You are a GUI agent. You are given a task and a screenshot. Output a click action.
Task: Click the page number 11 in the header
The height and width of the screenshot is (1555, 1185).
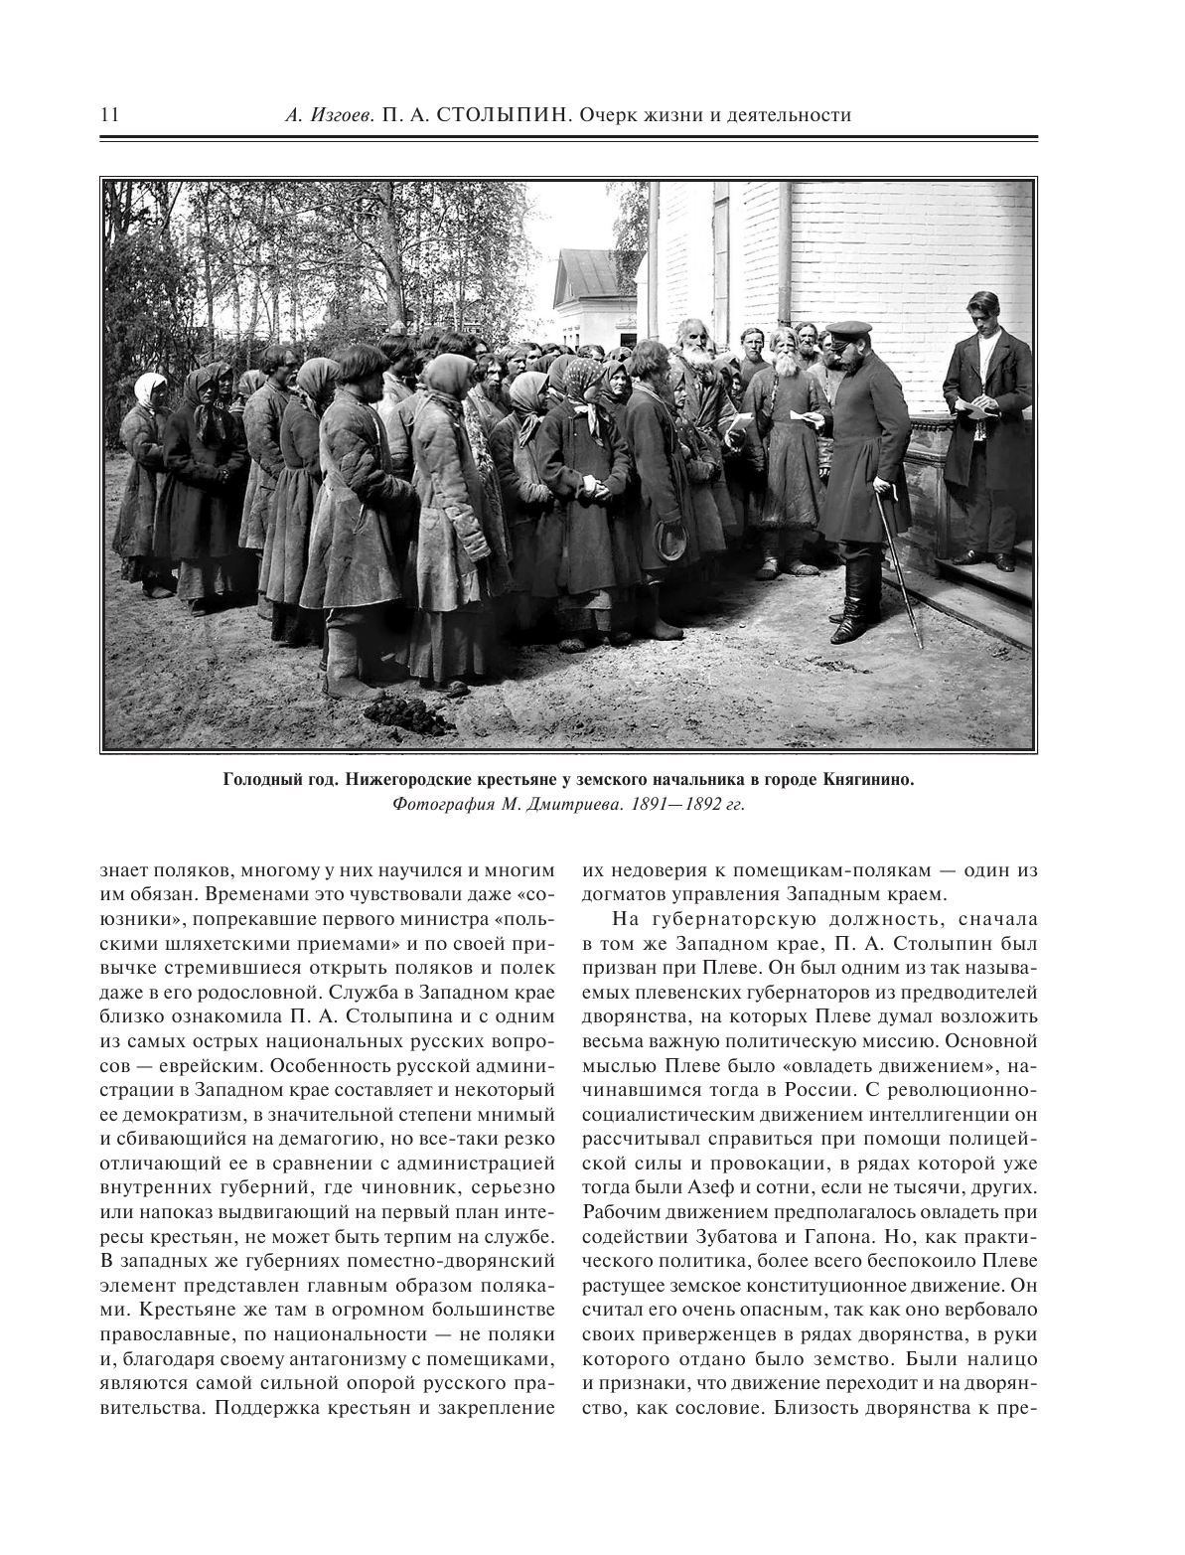(x=108, y=115)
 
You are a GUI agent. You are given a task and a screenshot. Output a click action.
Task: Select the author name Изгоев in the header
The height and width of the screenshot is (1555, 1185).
(x=342, y=115)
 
